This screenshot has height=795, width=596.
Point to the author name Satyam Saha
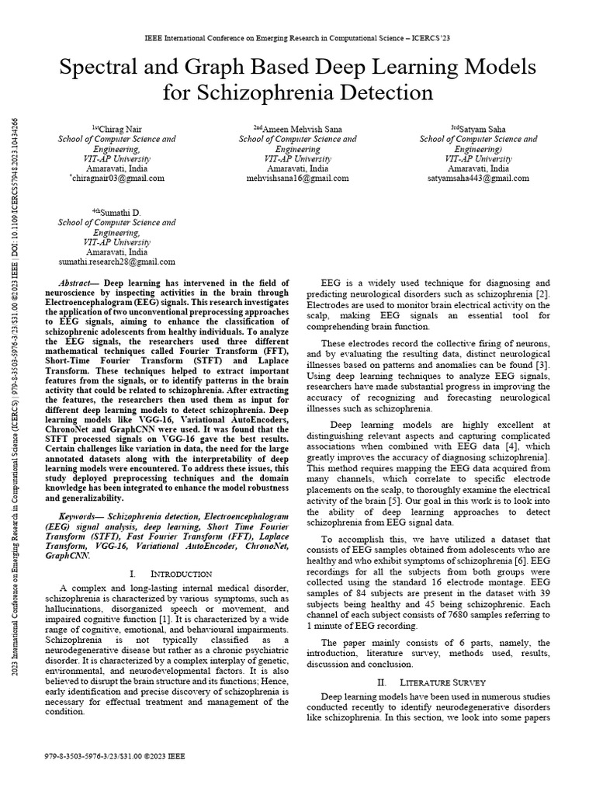click(x=482, y=128)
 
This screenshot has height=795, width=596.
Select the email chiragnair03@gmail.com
click(x=117, y=178)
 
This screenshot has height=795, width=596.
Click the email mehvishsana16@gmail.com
click(x=297, y=178)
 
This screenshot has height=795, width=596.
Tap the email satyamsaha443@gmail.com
click(x=478, y=178)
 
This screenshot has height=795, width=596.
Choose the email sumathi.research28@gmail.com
click(x=117, y=262)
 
